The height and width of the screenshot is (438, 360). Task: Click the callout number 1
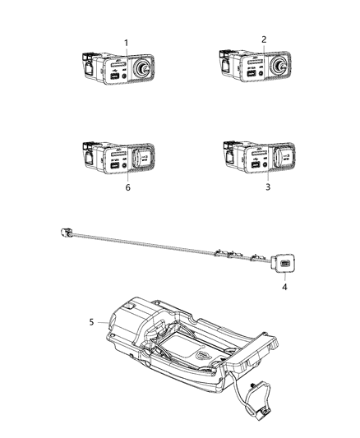(126, 43)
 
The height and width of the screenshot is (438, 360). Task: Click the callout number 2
(264, 39)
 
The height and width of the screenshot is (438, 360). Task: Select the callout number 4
(284, 288)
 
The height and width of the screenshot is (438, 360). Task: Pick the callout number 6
(127, 187)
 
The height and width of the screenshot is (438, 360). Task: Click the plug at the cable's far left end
(65, 233)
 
